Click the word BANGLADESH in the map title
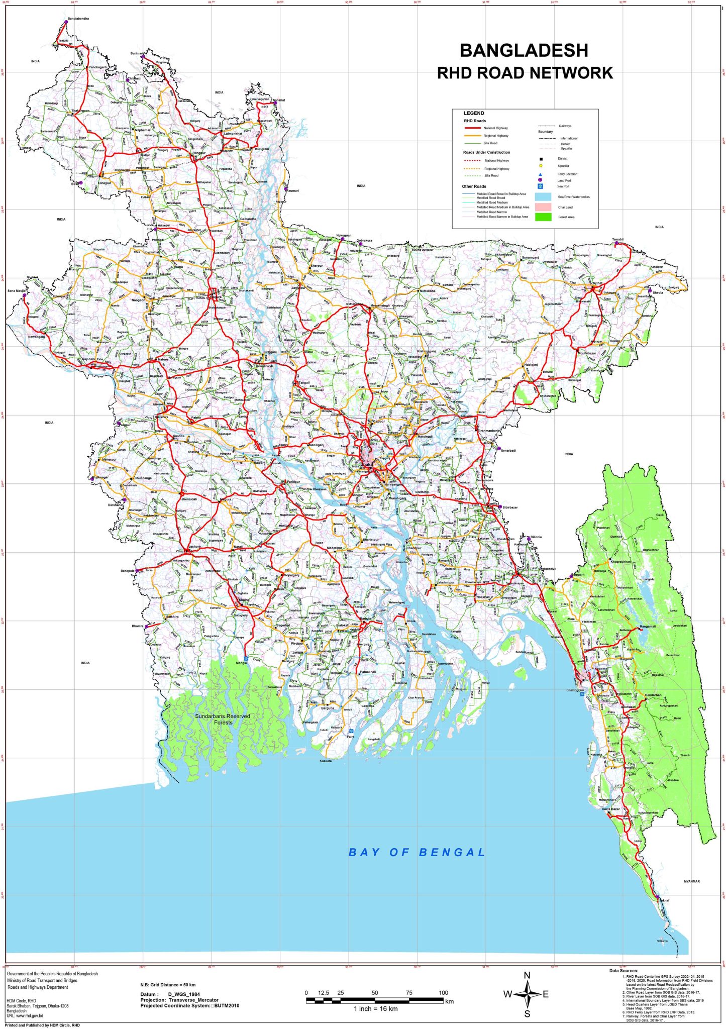(524, 50)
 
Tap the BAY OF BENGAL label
(417, 852)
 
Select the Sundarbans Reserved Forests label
(223, 719)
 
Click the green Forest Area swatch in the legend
(543, 217)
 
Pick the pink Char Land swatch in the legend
(543, 207)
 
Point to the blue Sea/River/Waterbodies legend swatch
(543, 197)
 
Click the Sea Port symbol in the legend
(540, 186)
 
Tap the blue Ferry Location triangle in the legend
(540, 174)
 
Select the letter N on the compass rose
(527, 976)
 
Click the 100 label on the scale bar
(443, 993)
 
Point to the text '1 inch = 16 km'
(375, 1008)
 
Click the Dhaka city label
(367, 464)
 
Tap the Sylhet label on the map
(597, 283)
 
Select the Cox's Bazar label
(611, 809)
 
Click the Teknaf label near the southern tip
(664, 900)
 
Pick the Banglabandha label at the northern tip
(78, 19)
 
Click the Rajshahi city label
(88, 359)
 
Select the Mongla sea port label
(241, 663)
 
